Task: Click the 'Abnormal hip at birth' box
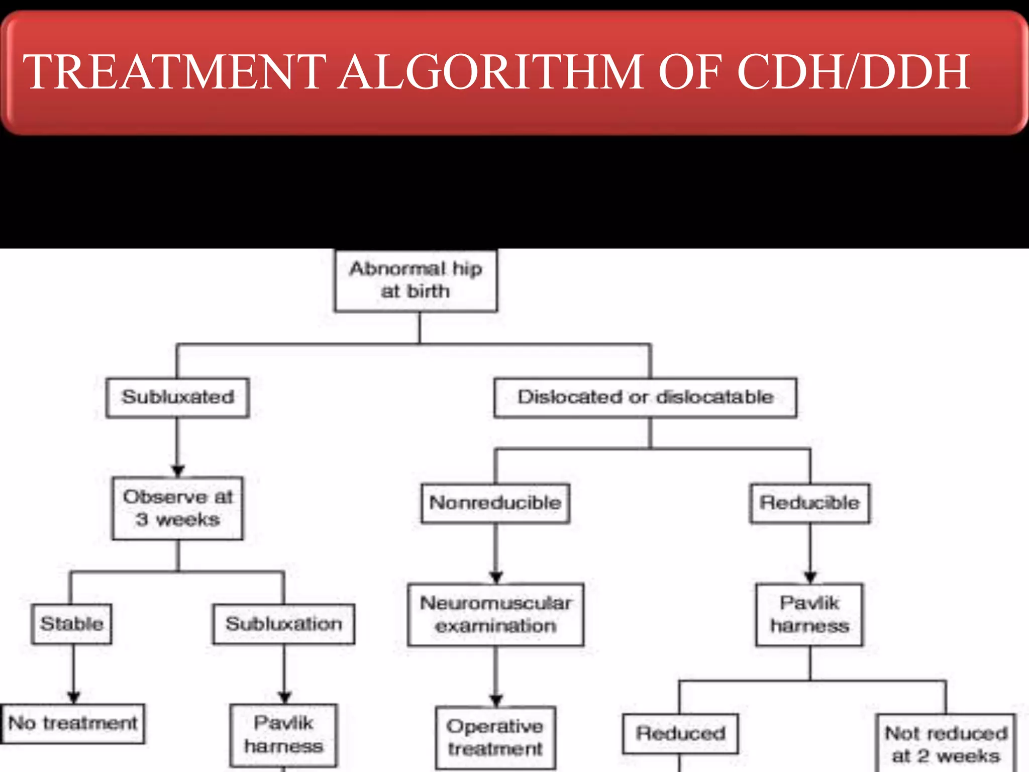[416, 280]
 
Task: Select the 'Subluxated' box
[178, 398]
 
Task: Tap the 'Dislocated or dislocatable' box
[645, 398]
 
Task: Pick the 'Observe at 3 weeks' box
[178, 508]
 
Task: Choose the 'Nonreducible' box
[495, 503]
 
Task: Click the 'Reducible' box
[809, 503]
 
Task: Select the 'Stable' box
[71, 624]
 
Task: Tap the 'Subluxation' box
[284, 624]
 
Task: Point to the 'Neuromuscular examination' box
[495, 614]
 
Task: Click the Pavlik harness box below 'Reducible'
[809, 614]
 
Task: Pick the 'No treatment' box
[73, 723]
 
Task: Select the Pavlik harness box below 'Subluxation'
[284, 734]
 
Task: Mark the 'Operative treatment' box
[495, 737]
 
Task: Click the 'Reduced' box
[680, 733]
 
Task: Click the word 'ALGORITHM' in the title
[490, 72]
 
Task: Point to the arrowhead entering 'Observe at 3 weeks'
[178, 471]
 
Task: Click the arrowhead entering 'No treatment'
[74, 697]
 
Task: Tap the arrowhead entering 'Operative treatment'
[496, 700]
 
